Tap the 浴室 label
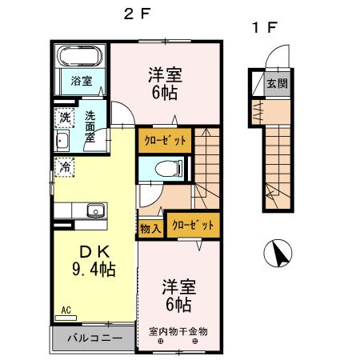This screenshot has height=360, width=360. tap(81, 81)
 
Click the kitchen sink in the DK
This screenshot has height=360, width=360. tap(96, 211)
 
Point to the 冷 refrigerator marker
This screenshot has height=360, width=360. tap(64, 167)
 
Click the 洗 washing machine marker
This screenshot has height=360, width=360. tap(64, 117)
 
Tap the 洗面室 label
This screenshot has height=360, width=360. tap(90, 126)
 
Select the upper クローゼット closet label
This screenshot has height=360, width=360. tap(165, 140)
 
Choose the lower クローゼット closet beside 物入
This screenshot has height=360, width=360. tap(191, 226)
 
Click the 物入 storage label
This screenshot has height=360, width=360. tap(150, 228)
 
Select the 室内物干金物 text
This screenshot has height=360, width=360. tap(178, 330)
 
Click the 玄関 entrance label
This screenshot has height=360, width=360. tap(278, 83)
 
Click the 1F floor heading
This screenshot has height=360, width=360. tap(264, 27)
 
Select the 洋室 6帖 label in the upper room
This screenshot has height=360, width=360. tap(164, 83)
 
